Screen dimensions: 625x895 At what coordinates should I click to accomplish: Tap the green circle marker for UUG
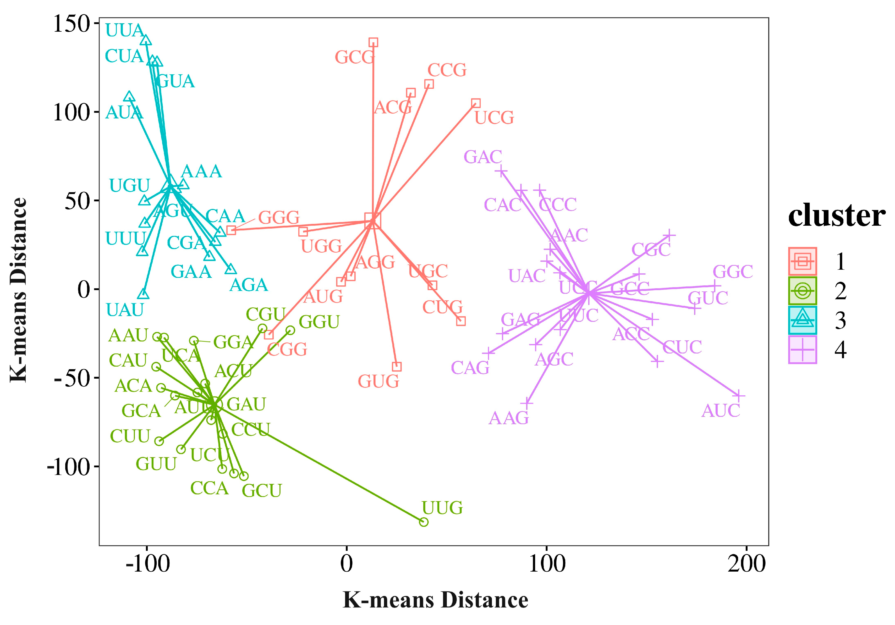[x=424, y=522]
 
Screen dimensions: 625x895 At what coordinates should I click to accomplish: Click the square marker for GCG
[x=374, y=42]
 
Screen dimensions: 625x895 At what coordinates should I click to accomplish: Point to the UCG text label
[x=494, y=118]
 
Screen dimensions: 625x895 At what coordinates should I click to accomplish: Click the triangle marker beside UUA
[x=146, y=40]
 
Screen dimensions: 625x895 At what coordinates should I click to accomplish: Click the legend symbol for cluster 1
[x=802, y=261]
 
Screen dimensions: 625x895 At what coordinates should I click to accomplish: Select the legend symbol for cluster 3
[x=802, y=320]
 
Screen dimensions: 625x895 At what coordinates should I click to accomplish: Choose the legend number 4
[x=841, y=350]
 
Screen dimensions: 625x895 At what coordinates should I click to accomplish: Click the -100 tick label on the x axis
[x=147, y=563]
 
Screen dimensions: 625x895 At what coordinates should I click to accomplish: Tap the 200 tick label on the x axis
[x=746, y=563]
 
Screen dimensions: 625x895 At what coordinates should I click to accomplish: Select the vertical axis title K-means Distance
[x=18, y=290]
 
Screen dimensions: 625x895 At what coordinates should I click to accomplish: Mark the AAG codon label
[x=508, y=418]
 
